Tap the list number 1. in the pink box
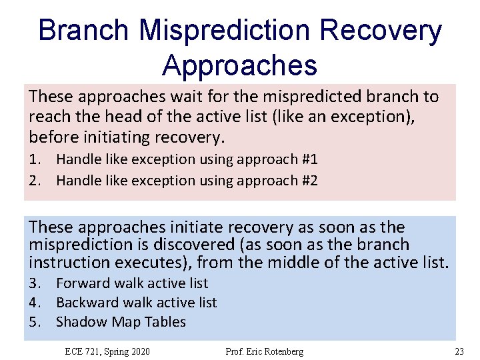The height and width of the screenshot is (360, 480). [35, 159]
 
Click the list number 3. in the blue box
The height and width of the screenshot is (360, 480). [35, 283]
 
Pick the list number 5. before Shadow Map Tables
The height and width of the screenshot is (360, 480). [35, 322]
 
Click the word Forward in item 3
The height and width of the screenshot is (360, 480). [83, 283]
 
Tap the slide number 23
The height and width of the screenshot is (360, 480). [459, 351]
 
